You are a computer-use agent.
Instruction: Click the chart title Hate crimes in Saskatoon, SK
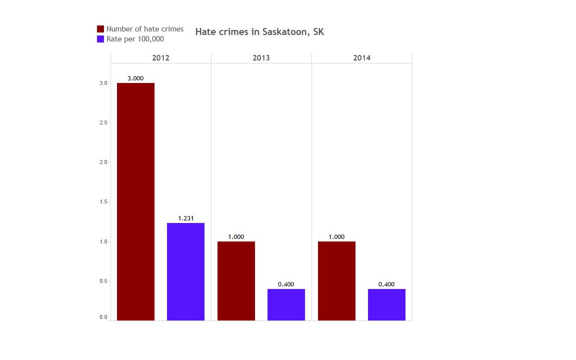[x=259, y=32]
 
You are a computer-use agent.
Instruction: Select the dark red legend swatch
[x=100, y=29]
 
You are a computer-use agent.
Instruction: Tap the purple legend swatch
[x=100, y=39]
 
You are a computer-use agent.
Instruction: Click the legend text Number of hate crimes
[x=145, y=29]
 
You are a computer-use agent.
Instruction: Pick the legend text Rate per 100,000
[x=135, y=39]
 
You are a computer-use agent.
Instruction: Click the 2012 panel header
[x=161, y=58]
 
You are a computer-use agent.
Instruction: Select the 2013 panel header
[x=261, y=58]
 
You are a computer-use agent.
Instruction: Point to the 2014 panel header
[x=362, y=58]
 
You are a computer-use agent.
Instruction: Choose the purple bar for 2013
[x=286, y=304]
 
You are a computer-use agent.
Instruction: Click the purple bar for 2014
[x=386, y=304]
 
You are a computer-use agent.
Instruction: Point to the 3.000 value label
[x=135, y=78]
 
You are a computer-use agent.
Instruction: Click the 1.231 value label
[x=185, y=218]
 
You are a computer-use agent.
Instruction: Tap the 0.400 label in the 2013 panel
[x=286, y=284]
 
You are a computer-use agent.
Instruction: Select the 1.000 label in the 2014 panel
[x=336, y=237]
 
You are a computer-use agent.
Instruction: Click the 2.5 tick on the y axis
[x=103, y=122]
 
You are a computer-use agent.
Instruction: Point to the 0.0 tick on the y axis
[x=103, y=317]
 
